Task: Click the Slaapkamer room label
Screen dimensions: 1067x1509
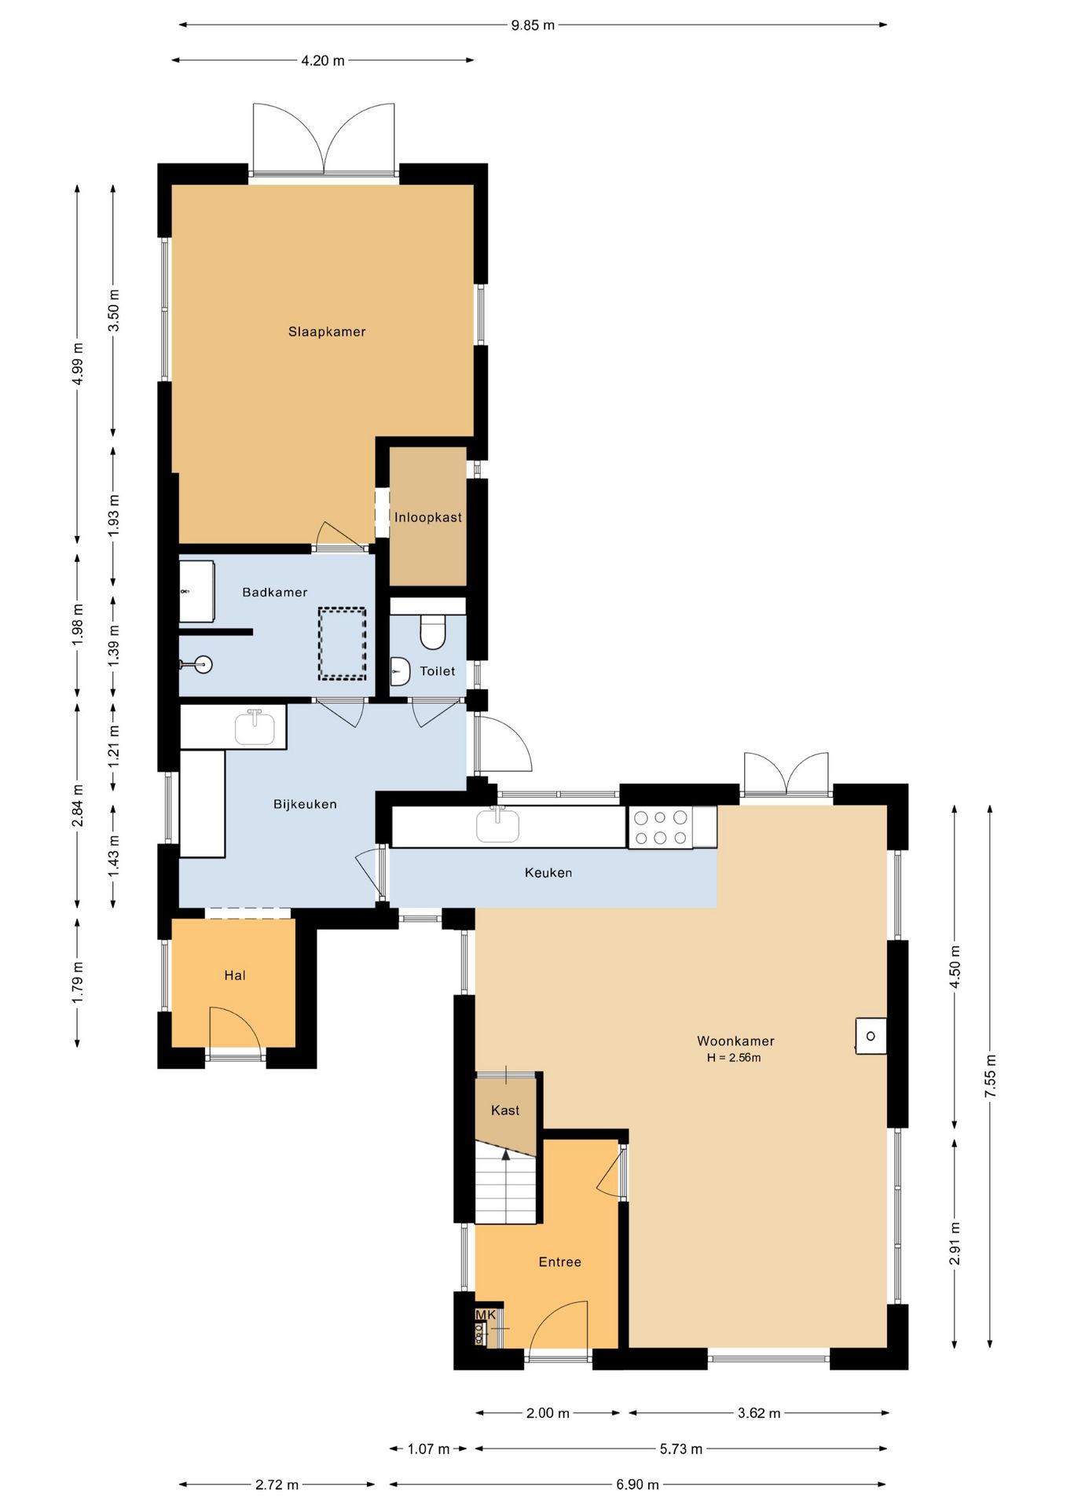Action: [x=327, y=332]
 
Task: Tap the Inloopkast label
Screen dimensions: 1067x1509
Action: [x=428, y=517]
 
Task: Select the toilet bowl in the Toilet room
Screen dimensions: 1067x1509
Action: [x=433, y=631]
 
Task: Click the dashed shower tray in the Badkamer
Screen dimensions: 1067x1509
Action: [x=342, y=644]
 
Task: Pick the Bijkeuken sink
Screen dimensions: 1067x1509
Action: [x=255, y=726]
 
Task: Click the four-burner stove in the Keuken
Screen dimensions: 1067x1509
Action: [x=660, y=828]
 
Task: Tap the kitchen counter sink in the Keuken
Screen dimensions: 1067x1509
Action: [x=497, y=824]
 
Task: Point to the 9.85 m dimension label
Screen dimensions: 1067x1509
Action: [x=533, y=25]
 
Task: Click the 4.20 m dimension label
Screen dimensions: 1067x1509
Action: [x=323, y=61]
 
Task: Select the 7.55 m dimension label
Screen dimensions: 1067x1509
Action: [x=990, y=1077]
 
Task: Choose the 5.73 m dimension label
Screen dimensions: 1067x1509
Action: [x=680, y=1448]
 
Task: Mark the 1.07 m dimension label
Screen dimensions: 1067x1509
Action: [x=428, y=1448]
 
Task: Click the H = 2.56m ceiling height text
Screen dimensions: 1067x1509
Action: [x=734, y=1058]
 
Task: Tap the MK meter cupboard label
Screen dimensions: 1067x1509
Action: [x=486, y=1315]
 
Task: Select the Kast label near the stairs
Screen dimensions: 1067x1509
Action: [x=505, y=1111]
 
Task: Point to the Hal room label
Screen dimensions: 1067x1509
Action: [x=235, y=975]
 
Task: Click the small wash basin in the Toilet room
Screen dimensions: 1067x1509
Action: [x=401, y=671]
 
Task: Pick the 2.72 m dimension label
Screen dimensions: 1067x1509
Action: [x=277, y=1485]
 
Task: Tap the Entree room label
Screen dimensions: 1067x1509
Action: [x=560, y=1262]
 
